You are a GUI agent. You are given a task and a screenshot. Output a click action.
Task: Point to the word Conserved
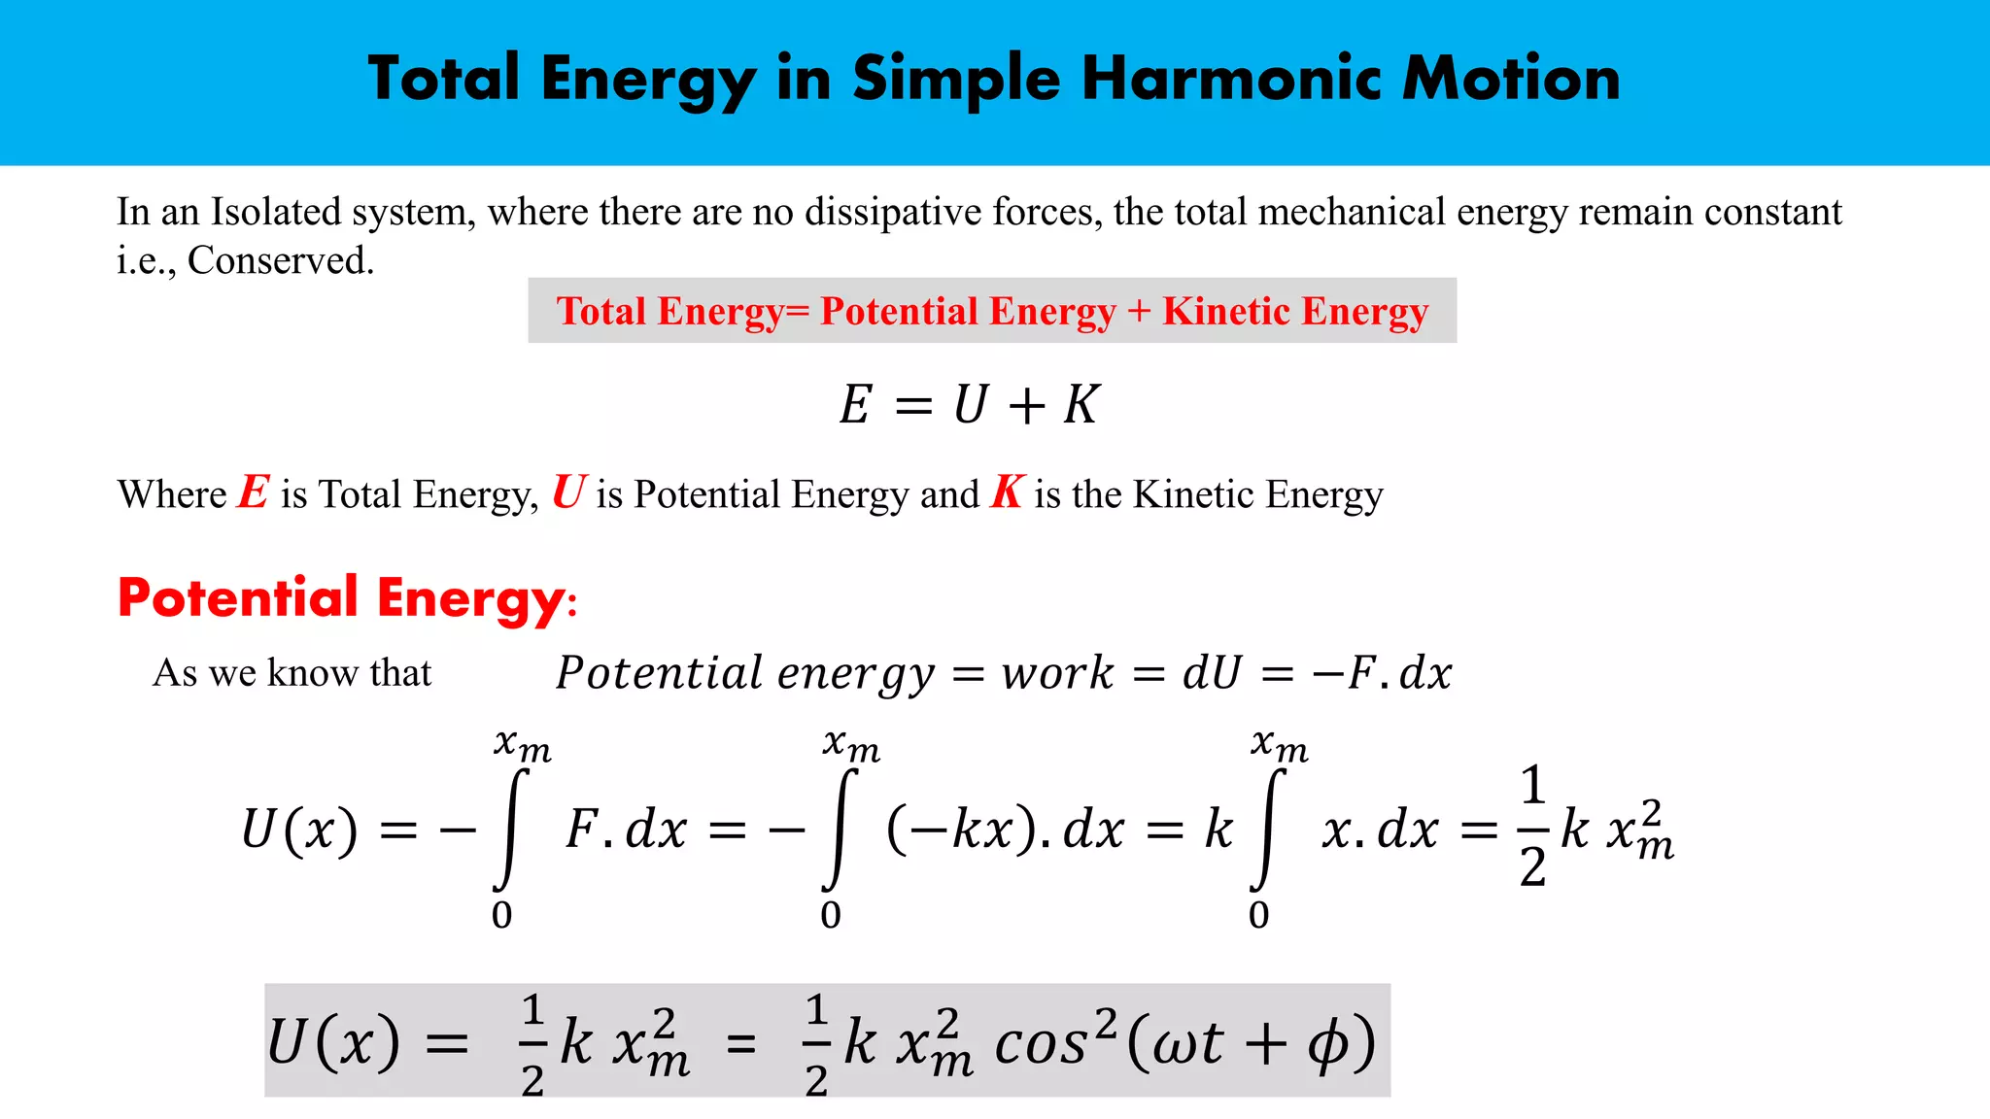click(280, 260)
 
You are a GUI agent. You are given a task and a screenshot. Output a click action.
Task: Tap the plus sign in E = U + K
click(1026, 405)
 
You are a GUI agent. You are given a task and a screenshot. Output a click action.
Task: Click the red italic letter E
click(254, 492)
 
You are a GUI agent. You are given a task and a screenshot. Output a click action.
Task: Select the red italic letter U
click(569, 492)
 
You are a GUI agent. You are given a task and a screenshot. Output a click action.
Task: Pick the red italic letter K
click(1008, 492)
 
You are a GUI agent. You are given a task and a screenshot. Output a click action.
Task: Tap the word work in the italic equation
click(1057, 673)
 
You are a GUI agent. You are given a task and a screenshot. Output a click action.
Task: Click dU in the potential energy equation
click(1212, 673)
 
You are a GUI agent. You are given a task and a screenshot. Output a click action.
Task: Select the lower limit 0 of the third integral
click(1258, 915)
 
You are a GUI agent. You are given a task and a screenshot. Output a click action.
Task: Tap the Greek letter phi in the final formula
click(1327, 1045)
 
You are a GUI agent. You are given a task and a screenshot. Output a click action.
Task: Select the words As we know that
click(292, 673)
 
